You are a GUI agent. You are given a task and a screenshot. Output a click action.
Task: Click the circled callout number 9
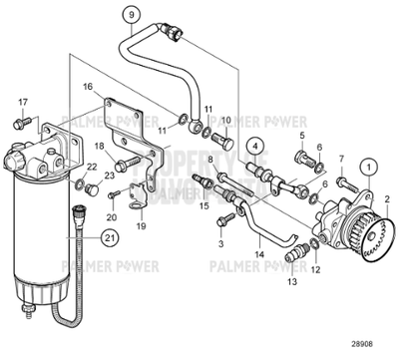tap(129, 14)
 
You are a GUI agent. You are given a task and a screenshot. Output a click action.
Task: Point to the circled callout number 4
tap(256, 145)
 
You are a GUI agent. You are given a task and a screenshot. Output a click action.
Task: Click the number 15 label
tap(204, 206)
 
